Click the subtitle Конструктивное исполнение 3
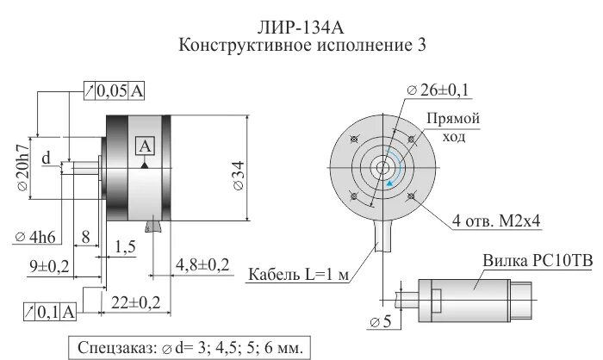(x=301, y=44)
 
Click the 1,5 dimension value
(x=125, y=247)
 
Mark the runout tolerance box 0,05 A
(x=115, y=90)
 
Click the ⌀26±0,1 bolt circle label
(x=439, y=90)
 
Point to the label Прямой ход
(x=453, y=127)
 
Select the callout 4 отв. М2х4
(x=497, y=222)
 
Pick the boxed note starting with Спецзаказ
(x=190, y=348)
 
